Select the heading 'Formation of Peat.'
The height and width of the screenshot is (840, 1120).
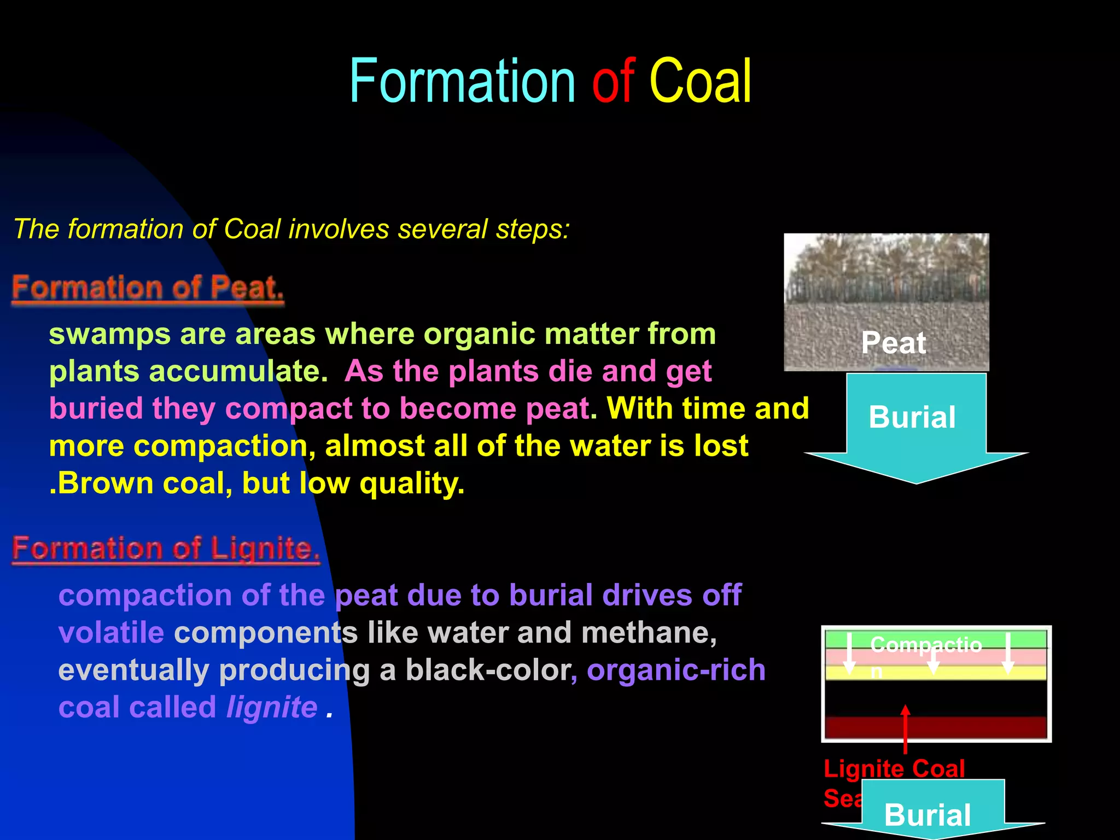click(x=148, y=288)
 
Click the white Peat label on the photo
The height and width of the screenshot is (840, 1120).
click(x=893, y=343)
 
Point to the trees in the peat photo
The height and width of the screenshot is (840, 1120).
click(x=886, y=268)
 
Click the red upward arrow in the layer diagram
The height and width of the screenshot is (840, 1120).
click(x=906, y=727)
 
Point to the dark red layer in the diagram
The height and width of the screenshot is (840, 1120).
click(x=973, y=727)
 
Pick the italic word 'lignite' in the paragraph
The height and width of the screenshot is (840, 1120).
click(x=272, y=707)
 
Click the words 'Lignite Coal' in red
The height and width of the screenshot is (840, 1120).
click(x=894, y=769)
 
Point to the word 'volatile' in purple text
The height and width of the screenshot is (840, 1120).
click(x=111, y=633)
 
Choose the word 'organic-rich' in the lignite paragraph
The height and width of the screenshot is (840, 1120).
click(x=676, y=670)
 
